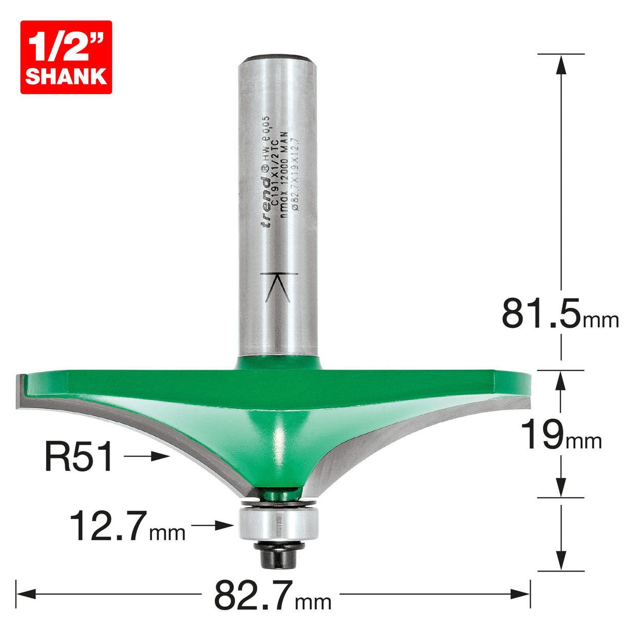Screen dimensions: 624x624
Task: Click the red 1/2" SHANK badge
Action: (x=66, y=57)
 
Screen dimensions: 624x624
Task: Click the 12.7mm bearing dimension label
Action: (x=127, y=526)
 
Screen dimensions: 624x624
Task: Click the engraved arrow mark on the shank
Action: (x=279, y=286)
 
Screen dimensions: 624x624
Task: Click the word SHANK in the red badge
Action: (x=66, y=76)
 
